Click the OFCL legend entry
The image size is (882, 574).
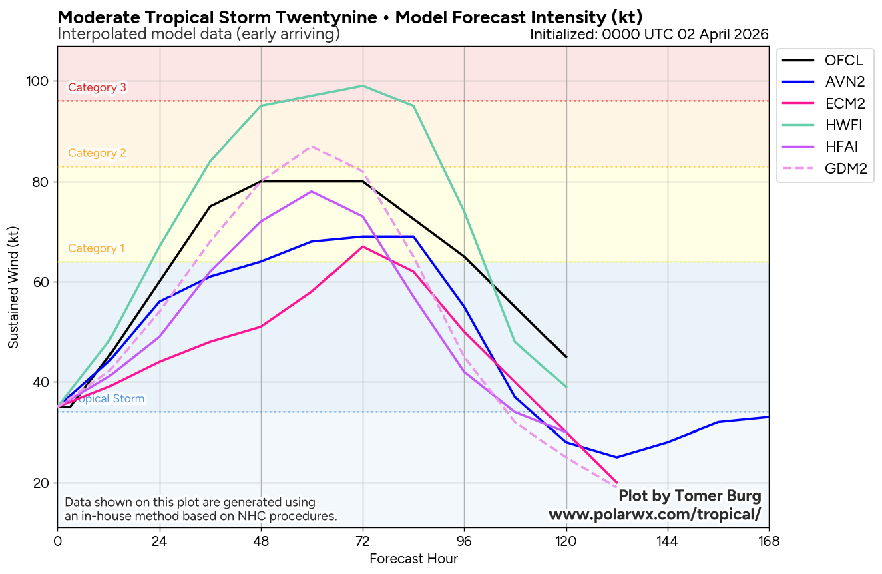[825, 60]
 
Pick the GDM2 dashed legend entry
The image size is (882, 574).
[825, 168]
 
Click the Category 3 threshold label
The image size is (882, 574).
[97, 87]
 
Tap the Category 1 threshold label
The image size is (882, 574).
[96, 248]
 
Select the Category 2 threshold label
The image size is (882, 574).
[97, 153]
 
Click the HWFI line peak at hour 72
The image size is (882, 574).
[363, 86]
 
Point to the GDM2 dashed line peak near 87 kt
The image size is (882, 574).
[312, 146]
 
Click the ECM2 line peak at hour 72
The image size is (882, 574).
[363, 246]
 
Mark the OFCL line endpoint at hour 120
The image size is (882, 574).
[566, 357]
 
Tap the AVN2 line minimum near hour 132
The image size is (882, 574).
[617, 457]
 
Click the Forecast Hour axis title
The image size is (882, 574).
[413, 559]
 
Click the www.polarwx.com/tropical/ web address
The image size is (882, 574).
[654, 515]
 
